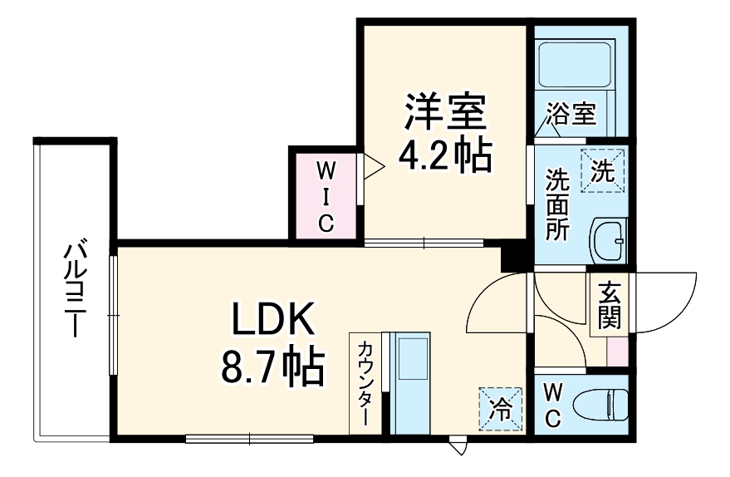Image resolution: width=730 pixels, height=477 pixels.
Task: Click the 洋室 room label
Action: pyautogui.click(x=444, y=113)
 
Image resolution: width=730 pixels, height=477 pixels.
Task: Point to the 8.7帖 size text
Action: pyautogui.click(x=272, y=366)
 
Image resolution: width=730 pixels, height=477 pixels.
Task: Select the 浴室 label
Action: pyautogui.click(x=571, y=113)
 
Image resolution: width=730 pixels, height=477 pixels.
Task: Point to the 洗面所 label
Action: pyautogui.click(x=556, y=204)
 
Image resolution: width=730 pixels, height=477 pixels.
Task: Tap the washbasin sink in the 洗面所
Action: pyautogui.click(x=609, y=242)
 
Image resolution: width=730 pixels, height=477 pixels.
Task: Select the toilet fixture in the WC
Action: pyautogui.click(x=608, y=405)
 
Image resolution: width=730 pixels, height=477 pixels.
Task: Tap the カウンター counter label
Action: pyautogui.click(x=364, y=382)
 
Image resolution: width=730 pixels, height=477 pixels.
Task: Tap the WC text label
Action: pyautogui.click(x=553, y=405)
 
